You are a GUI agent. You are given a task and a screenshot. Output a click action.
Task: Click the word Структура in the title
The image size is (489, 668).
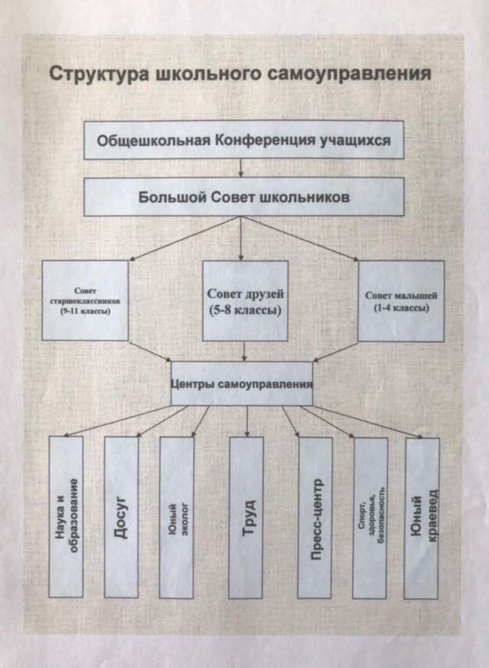(x=99, y=74)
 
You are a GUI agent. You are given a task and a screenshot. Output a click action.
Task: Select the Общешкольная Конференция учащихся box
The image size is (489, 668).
(x=244, y=140)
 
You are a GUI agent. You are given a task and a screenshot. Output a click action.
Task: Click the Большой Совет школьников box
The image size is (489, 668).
(x=244, y=197)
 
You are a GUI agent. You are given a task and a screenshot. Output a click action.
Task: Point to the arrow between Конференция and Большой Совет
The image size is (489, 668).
(x=241, y=168)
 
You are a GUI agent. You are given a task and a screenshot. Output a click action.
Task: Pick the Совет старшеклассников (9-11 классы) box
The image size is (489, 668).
(x=85, y=300)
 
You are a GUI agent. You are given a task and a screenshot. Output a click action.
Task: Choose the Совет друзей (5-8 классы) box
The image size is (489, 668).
(x=245, y=300)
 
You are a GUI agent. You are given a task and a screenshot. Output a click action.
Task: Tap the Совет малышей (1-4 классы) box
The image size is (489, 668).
(x=401, y=301)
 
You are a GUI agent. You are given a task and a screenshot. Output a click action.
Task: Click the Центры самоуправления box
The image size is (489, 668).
(x=242, y=383)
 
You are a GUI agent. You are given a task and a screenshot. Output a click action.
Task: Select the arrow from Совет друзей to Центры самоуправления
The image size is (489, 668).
(x=244, y=352)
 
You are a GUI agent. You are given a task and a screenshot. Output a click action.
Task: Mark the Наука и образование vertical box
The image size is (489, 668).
(x=66, y=516)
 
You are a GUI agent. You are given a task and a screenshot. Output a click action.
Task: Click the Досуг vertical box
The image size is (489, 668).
(x=121, y=517)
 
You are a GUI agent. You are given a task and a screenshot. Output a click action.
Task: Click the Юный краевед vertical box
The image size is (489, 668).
(x=422, y=519)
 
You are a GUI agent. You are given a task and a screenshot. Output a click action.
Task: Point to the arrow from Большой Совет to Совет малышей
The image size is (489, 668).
(x=300, y=238)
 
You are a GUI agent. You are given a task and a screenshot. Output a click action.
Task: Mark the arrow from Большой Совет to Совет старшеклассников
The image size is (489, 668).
(x=185, y=238)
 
